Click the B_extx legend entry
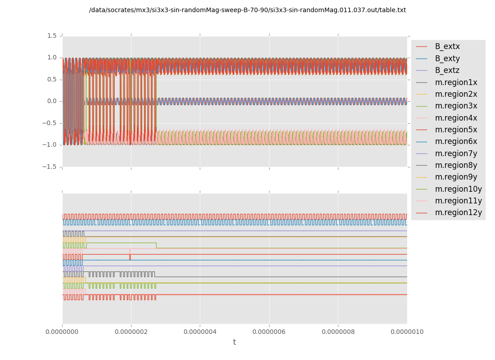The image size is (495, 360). coord(447,47)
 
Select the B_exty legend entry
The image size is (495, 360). coord(447,58)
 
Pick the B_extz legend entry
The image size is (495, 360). coord(447,70)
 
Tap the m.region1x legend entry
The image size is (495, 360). coord(456,82)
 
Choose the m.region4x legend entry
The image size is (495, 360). coord(456,118)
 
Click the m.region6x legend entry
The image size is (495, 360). coord(456,141)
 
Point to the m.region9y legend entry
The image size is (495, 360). coord(456,177)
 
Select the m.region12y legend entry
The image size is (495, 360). coord(458,212)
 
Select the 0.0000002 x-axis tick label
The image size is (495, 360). coord(131,332)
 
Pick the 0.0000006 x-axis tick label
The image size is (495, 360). coord(269,332)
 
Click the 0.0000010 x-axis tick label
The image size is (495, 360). coord(407,332)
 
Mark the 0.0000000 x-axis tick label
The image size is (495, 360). coord(62,332)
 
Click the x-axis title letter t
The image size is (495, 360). coord(234,342)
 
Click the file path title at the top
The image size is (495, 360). coord(247,10)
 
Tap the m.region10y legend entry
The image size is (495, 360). coord(458,189)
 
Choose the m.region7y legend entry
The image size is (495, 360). coord(456,153)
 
